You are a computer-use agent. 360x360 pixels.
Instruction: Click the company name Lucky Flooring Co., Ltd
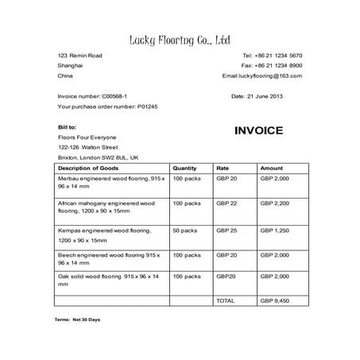pyautogui.click(x=180, y=39)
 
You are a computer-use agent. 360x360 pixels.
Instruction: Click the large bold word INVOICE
pyautogui.click(x=258, y=131)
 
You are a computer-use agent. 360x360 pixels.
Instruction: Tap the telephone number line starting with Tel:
pyautogui.click(x=272, y=55)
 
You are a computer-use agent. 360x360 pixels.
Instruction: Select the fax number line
pyautogui.click(x=272, y=65)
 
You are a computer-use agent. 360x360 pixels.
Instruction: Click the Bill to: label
pyautogui.click(x=68, y=126)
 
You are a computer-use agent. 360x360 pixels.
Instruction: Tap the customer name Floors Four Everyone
pyautogui.click(x=87, y=137)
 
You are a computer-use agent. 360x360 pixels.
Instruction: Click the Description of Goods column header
pyautogui.click(x=88, y=168)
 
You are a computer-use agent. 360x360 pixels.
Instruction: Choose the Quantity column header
pyautogui.click(x=184, y=168)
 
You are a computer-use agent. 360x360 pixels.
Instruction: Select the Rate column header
pyautogui.click(x=223, y=168)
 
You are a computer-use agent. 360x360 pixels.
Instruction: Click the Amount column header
pyautogui.click(x=272, y=168)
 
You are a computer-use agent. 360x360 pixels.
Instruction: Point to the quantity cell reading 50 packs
pyautogui.click(x=185, y=230)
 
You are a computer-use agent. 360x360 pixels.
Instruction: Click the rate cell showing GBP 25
pyautogui.click(x=227, y=230)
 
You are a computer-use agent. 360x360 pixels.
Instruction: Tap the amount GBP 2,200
pyautogui.click(x=275, y=203)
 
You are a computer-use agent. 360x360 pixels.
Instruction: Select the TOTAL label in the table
pyautogui.click(x=226, y=301)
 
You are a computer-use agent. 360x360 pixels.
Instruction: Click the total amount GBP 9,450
pyautogui.click(x=275, y=301)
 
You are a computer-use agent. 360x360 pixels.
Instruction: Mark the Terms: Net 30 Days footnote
pyautogui.click(x=77, y=319)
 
